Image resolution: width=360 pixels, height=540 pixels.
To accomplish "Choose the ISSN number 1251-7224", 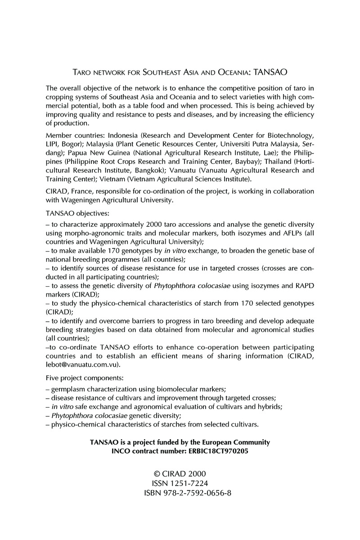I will coord(189,484).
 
